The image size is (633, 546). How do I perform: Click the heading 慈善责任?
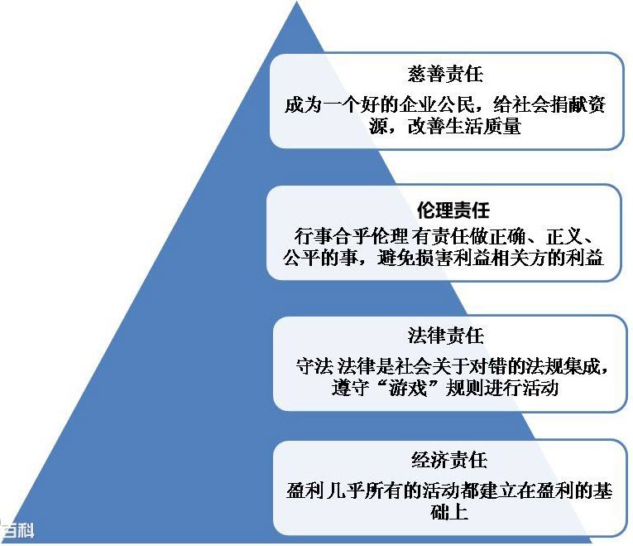coord(445,74)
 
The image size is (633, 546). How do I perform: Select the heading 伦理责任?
coord(453,210)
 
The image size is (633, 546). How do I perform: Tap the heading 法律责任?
coord(446,336)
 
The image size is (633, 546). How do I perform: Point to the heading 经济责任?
coord(449,460)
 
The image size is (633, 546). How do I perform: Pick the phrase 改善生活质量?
coord(464,126)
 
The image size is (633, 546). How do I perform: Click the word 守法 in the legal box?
coord(314,366)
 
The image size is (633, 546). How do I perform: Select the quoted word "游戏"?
coord(408,388)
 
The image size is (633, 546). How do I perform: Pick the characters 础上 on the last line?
coord(449,513)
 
